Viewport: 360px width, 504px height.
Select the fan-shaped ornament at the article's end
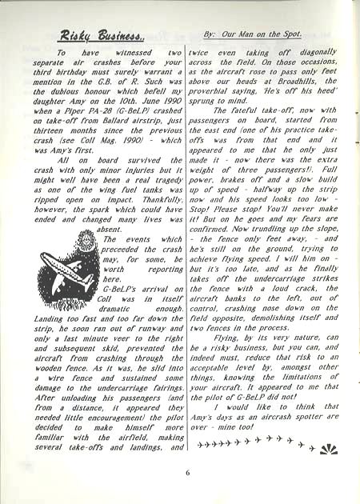[x=328, y=449]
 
